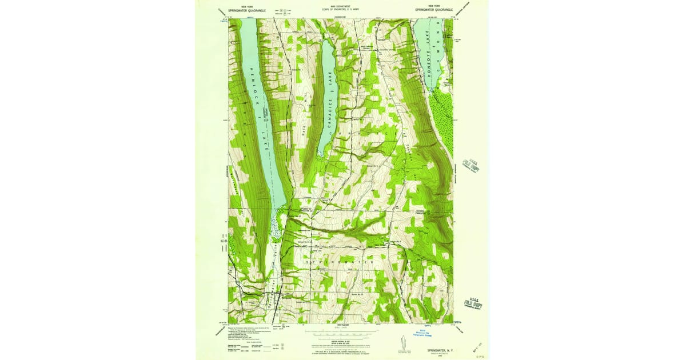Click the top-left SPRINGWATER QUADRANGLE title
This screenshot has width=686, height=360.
tap(246, 10)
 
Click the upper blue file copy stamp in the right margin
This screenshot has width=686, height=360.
tap(472, 165)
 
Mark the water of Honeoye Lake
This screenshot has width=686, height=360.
tap(433, 46)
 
